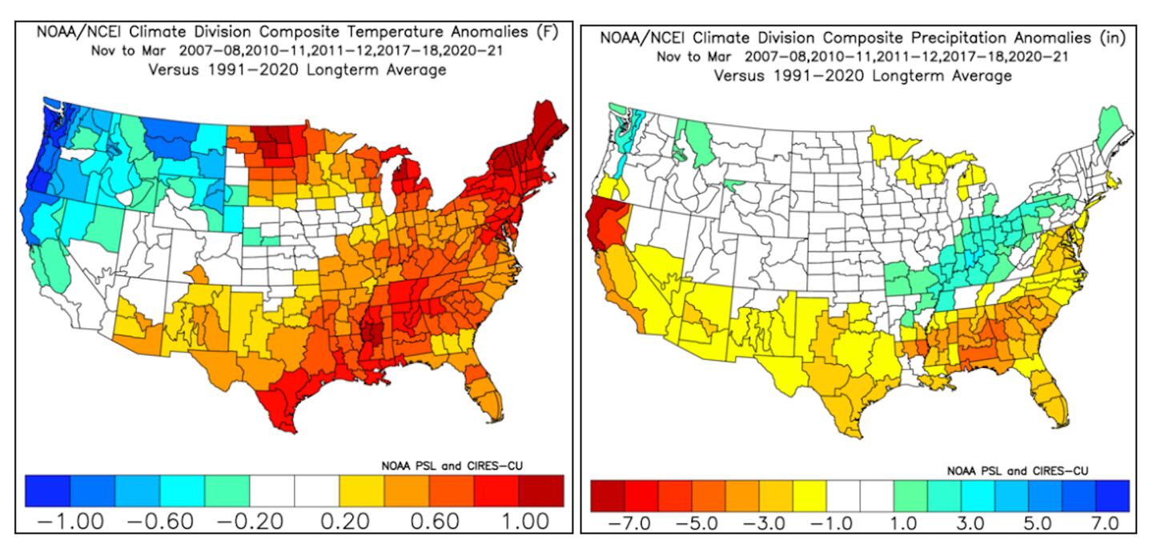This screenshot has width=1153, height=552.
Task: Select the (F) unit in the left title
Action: (x=546, y=33)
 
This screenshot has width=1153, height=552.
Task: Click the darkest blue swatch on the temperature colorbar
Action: (x=47, y=490)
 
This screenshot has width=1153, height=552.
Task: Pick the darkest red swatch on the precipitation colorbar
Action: (x=606, y=496)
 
